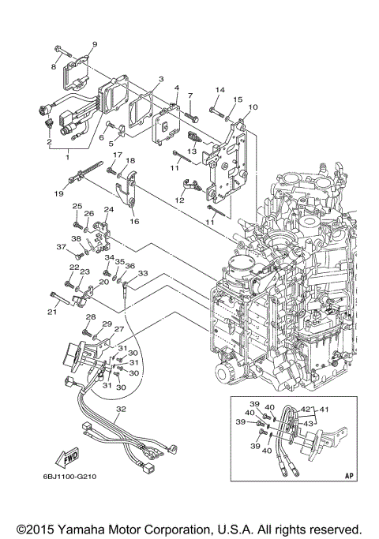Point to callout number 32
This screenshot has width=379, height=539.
121,410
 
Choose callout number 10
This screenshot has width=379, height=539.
253,107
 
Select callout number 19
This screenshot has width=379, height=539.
58,193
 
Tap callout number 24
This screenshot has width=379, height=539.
108,209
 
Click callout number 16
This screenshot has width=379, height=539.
133,223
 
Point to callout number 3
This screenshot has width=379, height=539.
160,80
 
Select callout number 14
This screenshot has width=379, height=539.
220,90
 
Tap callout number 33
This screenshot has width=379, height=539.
142,273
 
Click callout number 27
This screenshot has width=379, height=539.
119,329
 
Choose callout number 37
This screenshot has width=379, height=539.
59,247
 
